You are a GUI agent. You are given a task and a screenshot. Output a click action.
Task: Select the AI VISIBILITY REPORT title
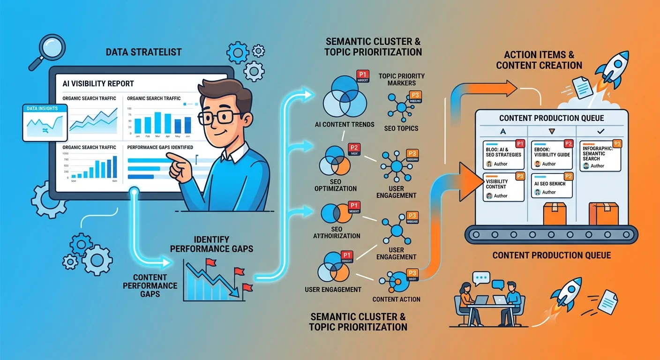(x=98, y=83)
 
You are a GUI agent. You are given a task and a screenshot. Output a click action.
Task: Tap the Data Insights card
(x=45, y=122)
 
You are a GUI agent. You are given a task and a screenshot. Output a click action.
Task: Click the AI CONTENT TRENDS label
(x=345, y=124)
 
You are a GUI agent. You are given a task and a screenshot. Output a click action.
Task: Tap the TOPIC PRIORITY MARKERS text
(x=401, y=79)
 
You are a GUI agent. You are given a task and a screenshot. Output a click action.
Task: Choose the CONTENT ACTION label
(x=396, y=299)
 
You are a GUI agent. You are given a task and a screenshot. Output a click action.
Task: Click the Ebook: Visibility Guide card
(x=552, y=154)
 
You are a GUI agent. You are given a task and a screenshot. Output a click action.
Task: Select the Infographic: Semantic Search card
(x=601, y=155)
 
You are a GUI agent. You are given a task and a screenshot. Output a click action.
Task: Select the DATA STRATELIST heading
(x=143, y=52)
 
